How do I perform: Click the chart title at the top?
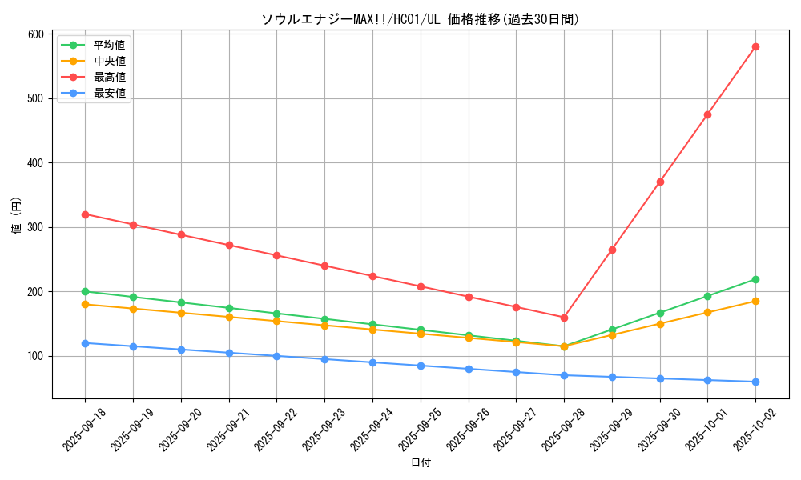[421, 19]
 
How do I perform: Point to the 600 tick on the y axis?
[35, 34]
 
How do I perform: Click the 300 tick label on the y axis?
[35, 227]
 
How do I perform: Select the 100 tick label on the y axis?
[35, 356]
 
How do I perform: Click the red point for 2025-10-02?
[755, 47]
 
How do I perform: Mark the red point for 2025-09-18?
[85, 214]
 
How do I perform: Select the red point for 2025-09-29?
[612, 250]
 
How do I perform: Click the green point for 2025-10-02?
[755, 279]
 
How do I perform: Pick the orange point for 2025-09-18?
[85, 304]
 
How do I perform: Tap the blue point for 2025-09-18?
[85, 343]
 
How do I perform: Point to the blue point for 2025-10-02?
[755, 382]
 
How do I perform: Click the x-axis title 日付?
[421, 463]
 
